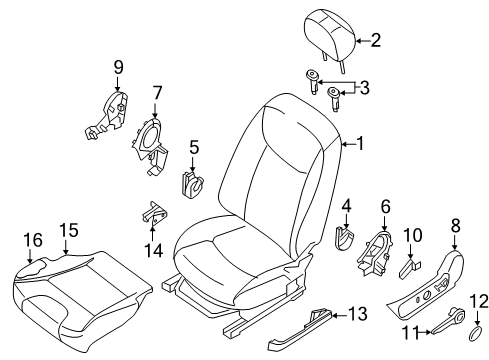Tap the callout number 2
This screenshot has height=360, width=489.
pyautogui.click(x=376, y=41)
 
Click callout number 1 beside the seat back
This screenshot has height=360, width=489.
pyautogui.click(x=361, y=144)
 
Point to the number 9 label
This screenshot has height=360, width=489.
pyautogui.click(x=118, y=67)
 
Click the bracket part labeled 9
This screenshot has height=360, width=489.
pyautogui.click(x=110, y=112)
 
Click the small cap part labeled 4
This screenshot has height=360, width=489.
pyautogui.click(x=343, y=240)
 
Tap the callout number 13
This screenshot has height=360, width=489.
pyautogui.click(x=357, y=315)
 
